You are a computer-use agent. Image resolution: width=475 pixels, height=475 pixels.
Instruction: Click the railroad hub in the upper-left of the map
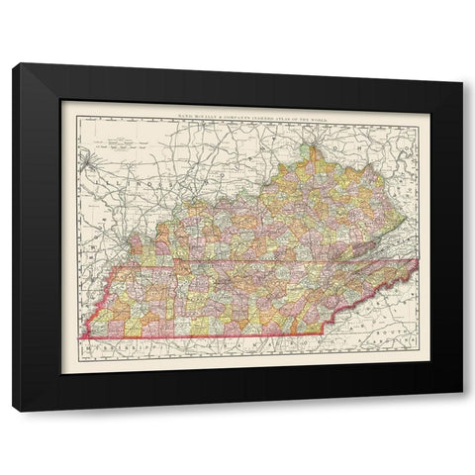coord(92,155)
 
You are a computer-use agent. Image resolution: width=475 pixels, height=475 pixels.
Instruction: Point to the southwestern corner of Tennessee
coord(77,336)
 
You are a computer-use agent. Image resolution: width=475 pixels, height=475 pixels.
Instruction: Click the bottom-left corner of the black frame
coord(14,408)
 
